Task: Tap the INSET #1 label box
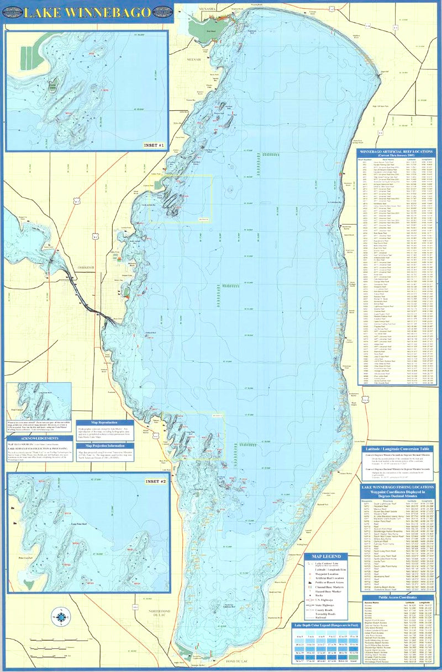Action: pyautogui.click(x=152, y=146)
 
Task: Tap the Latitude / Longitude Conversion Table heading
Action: pyautogui.click(x=397, y=450)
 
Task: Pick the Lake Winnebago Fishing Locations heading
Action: pyautogui.click(x=397, y=490)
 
